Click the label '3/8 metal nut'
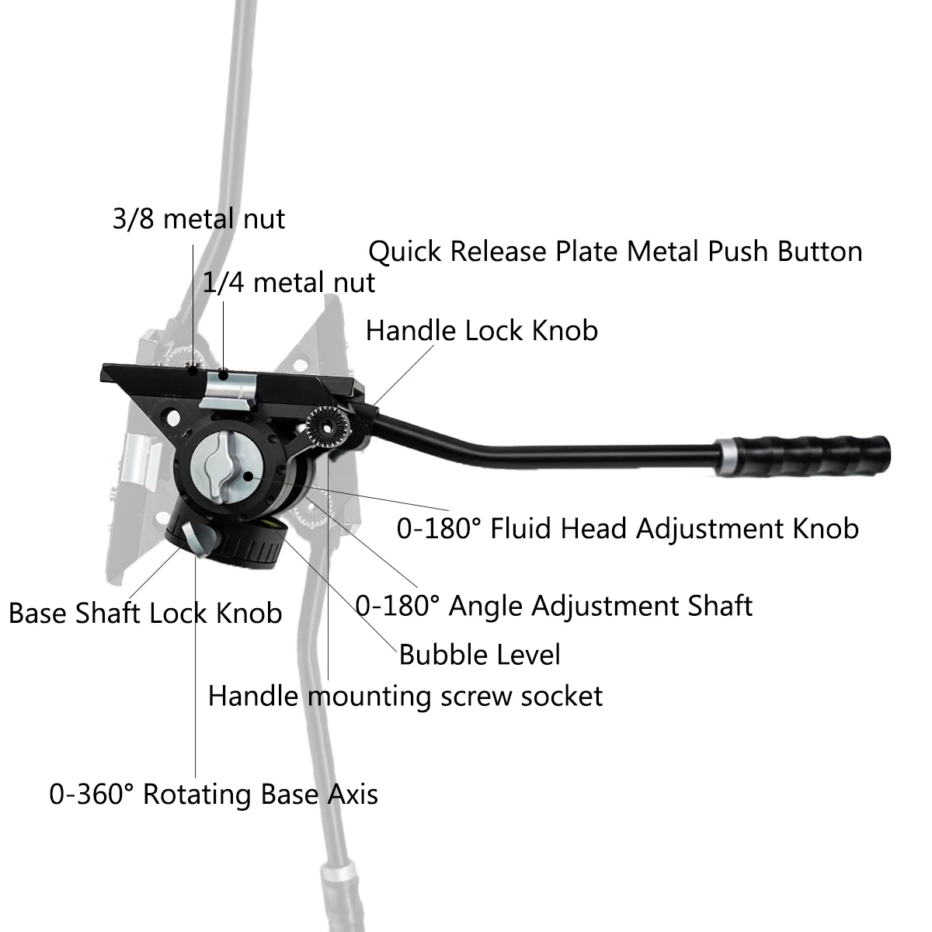point(199,218)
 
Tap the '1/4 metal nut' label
point(289,283)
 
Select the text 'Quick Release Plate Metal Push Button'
point(615,252)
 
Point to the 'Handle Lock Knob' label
point(482,331)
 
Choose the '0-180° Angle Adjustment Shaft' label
point(554,606)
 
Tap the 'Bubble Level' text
point(479,655)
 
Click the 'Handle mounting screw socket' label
point(405,697)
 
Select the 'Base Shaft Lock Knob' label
point(145,614)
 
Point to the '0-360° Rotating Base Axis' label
point(214,795)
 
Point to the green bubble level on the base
point(275,524)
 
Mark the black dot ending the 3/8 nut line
point(193,371)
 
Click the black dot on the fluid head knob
point(248,476)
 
